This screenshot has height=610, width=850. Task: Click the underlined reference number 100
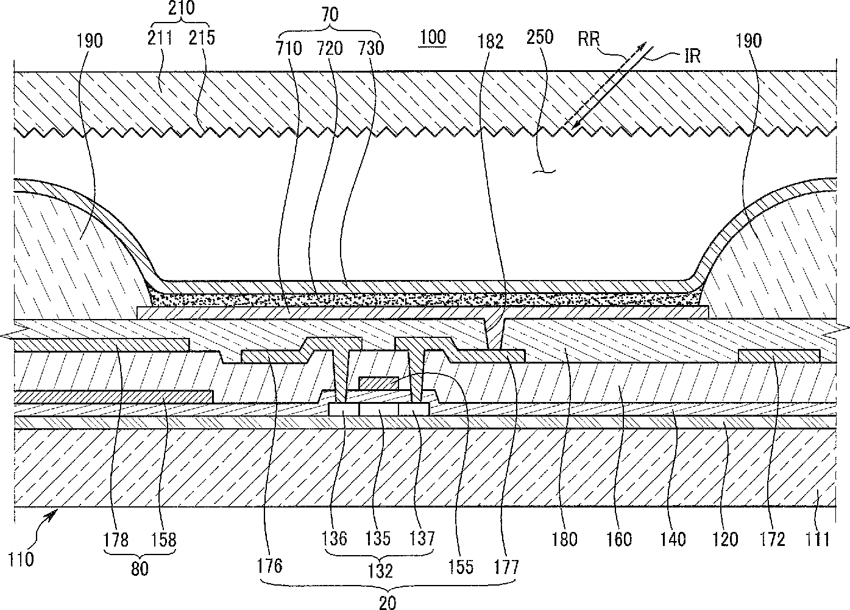[x=433, y=37]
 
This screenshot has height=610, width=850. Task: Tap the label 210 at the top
[x=182, y=8]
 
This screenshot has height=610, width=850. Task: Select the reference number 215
[x=202, y=38]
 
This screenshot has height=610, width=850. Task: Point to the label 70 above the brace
[x=330, y=15]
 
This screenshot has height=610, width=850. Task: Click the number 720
[x=330, y=48]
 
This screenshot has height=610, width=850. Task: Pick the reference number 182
[x=491, y=41]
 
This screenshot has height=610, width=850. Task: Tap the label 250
[x=540, y=37]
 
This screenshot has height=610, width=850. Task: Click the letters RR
[x=589, y=39]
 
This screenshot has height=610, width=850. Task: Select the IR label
[x=692, y=56]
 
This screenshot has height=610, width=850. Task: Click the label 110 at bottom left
[x=21, y=559]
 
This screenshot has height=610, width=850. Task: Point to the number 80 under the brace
[x=140, y=569]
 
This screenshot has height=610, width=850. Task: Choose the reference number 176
[x=270, y=565]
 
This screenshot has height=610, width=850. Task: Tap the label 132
[x=380, y=570]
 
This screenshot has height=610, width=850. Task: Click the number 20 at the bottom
[x=388, y=603]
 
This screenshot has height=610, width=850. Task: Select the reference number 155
[x=461, y=567]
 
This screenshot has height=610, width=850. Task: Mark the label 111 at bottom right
[x=817, y=539]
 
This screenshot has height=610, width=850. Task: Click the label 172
[x=772, y=539]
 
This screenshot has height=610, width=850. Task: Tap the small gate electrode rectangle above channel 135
[x=379, y=383]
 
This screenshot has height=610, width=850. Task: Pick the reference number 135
[x=378, y=539]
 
